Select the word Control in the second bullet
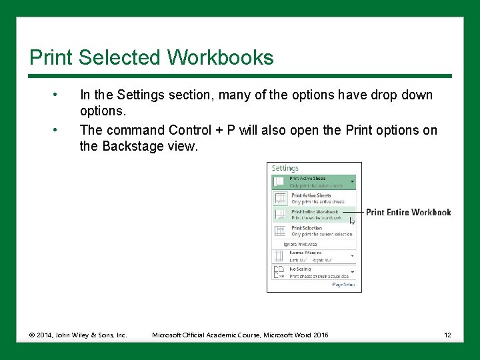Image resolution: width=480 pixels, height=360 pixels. point(193,130)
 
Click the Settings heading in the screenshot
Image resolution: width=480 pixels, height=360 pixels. point(285,169)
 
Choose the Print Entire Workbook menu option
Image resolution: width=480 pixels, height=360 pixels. point(315,215)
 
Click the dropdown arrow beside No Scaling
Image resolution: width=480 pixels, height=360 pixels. point(353,272)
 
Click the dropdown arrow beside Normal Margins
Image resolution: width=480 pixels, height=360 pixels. point(353,255)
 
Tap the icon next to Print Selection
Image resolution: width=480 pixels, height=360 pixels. point(281,231)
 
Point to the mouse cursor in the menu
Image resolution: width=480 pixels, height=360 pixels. point(352,221)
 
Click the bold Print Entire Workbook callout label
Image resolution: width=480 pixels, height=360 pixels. point(408,213)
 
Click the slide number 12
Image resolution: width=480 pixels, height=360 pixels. point(448,335)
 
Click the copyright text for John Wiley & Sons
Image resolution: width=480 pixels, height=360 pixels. point(78,335)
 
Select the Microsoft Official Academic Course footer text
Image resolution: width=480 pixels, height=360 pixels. point(240,335)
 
